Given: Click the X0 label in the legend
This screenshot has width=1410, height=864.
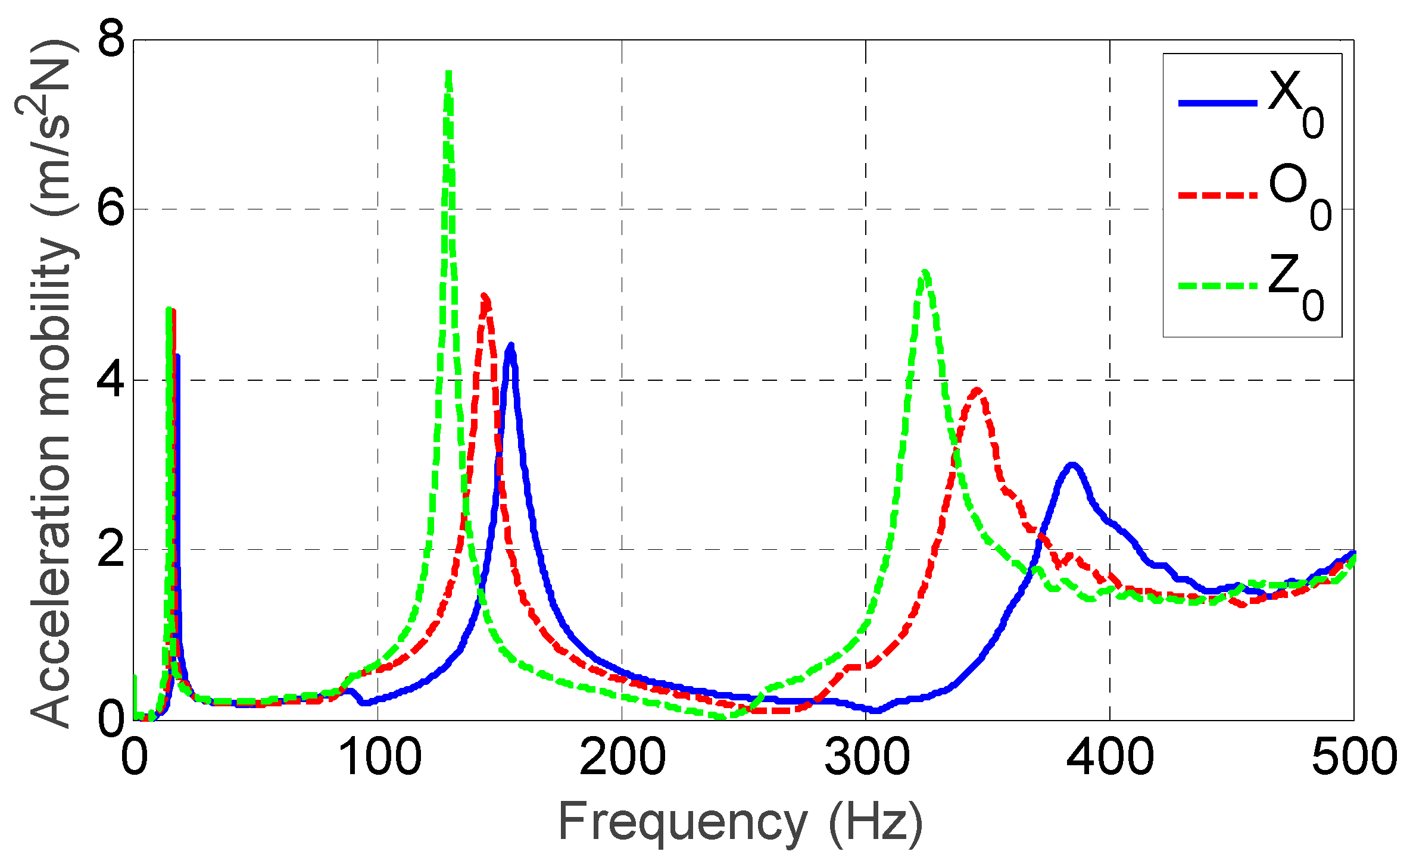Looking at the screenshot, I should [1296, 104].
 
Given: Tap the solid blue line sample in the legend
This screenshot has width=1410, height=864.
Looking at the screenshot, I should [1217, 104].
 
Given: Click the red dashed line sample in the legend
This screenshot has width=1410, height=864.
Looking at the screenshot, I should [1217, 195].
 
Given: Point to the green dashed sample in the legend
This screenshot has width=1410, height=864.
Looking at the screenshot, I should [1217, 287].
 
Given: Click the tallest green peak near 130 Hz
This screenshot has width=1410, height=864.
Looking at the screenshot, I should [449, 74].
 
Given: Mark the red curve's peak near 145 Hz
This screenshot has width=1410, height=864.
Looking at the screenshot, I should [485, 296].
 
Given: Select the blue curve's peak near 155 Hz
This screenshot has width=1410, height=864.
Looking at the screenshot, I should [510, 347].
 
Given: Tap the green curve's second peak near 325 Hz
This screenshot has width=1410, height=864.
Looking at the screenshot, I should [925, 273].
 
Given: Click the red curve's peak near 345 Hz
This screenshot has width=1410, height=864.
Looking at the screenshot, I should [977, 390].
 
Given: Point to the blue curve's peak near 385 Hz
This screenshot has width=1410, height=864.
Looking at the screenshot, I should [1072, 465].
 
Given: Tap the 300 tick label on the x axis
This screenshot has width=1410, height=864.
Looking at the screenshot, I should [866, 757].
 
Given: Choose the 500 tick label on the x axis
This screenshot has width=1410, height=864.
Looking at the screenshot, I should [1353, 757].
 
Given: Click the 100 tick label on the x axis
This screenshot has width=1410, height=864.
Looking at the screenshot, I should [379, 757].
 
